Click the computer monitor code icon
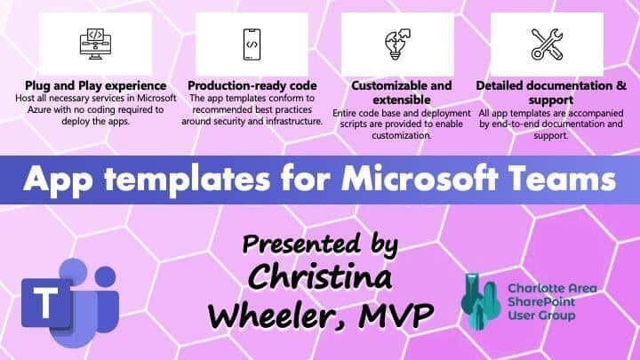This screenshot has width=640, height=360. pyautogui.click(x=95, y=44)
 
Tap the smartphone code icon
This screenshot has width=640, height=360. pyautogui.click(x=252, y=44)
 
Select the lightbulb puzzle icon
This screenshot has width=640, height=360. pyautogui.click(x=397, y=44)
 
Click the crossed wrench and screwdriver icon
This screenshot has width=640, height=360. pyautogui.click(x=547, y=44)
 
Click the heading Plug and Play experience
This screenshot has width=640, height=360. pyautogui.click(x=95, y=85)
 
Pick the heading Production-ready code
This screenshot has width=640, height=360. pyautogui.click(x=252, y=85)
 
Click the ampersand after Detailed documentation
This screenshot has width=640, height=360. pyautogui.click(x=621, y=85)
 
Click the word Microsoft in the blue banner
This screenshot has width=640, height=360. pyautogui.click(x=420, y=179)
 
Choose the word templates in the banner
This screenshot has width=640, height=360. pyautogui.click(x=188, y=180)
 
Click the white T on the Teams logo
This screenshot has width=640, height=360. pyautogui.click(x=45, y=302)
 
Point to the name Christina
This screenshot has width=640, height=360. pyautogui.click(x=320, y=277)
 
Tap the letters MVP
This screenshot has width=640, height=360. pyautogui.click(x=395, y=315)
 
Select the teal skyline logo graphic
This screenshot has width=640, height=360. pyautogui.click(x=480, y=301)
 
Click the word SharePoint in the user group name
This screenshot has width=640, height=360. pyautogui.click(x=541, y=301)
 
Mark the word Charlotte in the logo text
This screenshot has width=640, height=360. pyautogui.click(x=532, y=288)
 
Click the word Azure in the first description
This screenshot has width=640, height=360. pyautogui.click(x=39, y=110)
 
